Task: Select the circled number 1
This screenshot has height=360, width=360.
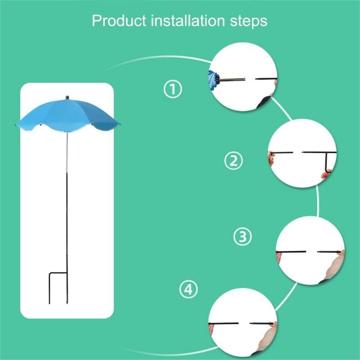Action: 172,89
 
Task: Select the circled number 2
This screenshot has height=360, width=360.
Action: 233,161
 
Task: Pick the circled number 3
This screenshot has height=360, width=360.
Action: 243,236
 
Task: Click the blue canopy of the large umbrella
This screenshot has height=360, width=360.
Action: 67,115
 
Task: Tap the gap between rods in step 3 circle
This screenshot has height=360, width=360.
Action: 312,251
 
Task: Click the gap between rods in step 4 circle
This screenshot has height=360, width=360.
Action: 243,323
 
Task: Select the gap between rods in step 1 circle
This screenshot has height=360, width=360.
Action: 250,79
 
